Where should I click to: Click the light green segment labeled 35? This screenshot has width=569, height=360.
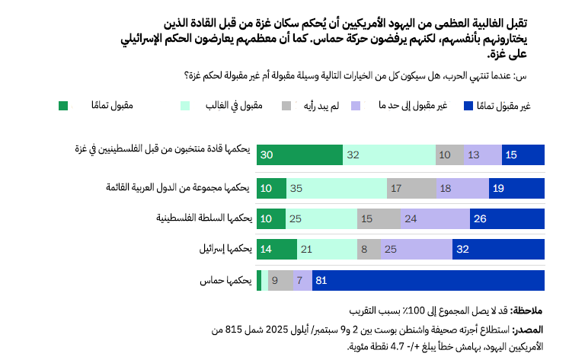(x=336, y=187)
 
